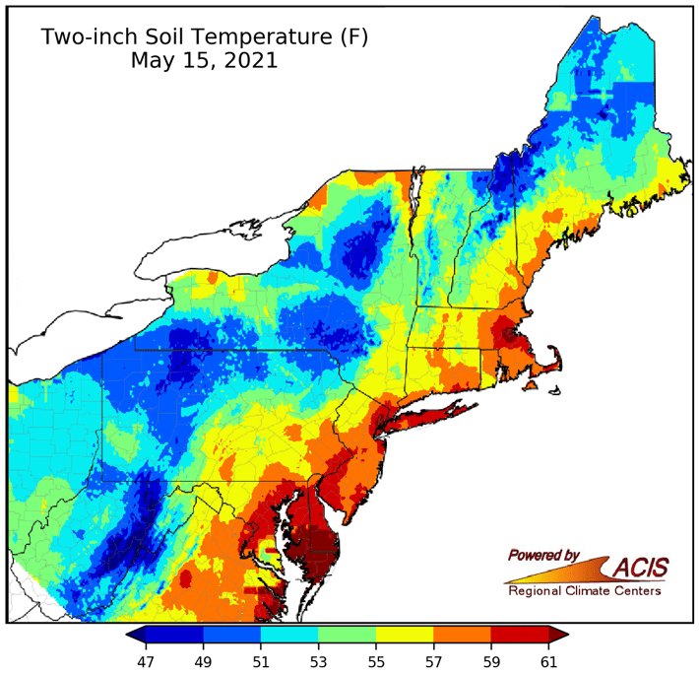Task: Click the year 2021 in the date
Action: [246, 60]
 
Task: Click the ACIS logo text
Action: [640, 568]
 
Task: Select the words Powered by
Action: [543, 555]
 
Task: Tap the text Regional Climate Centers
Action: [584, 591]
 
